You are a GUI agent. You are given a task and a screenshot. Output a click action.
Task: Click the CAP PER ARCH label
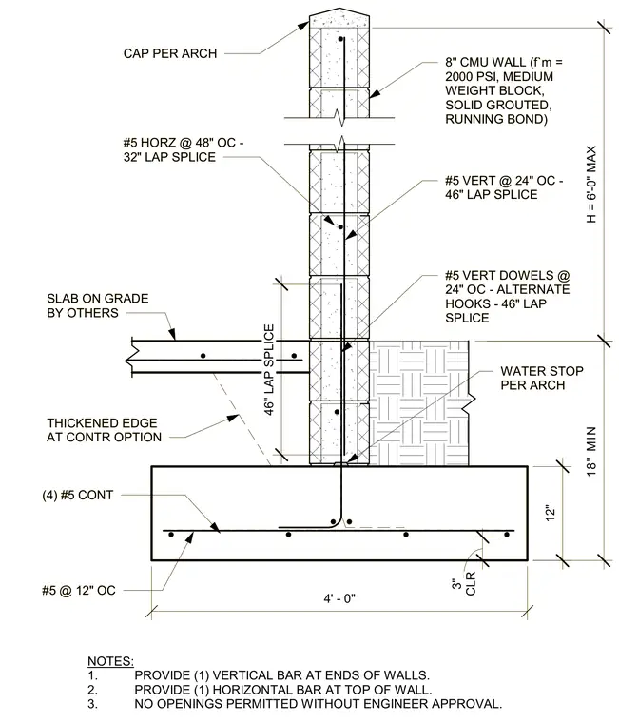(x=170, y=53)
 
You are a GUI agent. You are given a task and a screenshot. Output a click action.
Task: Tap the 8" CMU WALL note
(x=504, y=90)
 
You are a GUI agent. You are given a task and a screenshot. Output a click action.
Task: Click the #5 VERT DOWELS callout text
(x=508, y=297)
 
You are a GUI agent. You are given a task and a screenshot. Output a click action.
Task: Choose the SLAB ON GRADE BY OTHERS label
(x=98, y=305)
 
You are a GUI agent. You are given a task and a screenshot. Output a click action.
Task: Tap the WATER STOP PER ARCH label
(x=542, y=378)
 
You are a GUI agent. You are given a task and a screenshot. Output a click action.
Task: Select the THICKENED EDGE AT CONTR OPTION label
(x=105, y=430)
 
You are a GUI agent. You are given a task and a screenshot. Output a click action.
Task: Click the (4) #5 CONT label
(x=77, y=496)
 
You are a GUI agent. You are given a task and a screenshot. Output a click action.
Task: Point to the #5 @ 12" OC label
(x=79, y=590)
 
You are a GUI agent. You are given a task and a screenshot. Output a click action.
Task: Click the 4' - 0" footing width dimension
(x=339, y=598)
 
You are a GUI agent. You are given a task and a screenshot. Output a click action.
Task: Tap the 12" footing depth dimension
(x=551, y=514)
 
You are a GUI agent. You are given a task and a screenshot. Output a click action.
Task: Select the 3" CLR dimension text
(x=463, y=584)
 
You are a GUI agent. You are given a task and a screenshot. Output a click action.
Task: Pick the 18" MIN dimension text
(x=591, y=452)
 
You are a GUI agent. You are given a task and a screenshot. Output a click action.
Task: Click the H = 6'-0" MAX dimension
(x=591, y=185)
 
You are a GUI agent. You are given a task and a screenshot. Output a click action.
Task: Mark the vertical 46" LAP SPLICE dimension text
(x=269, y=369)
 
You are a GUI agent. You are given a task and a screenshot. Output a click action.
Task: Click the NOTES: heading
(x=110, y=661)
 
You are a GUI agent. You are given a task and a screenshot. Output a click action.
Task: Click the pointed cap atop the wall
(x=339, y=18)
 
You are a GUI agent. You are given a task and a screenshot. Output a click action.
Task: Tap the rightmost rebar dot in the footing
(x=507, y=535)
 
